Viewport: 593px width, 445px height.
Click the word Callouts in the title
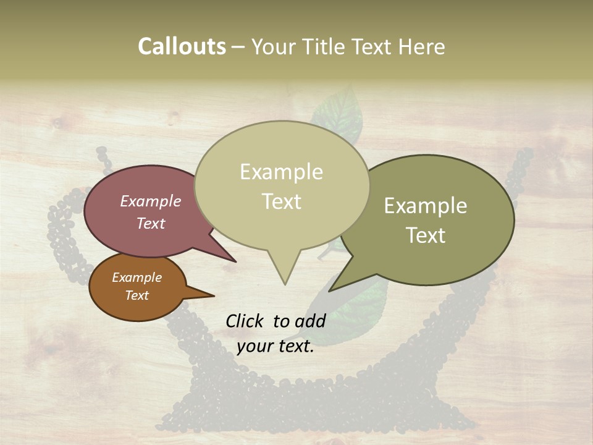[182, 47]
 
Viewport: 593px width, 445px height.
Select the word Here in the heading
[422, 47]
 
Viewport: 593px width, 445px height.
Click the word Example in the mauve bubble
[151, 201]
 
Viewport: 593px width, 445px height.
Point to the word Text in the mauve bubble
[151, 223]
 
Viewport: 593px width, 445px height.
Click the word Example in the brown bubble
[137, 278]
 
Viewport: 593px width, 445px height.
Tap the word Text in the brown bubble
[137, 295]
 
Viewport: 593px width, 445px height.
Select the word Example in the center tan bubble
[282, 172]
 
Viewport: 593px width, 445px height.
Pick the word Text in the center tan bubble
[282, 201]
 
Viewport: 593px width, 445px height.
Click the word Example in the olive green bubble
[426, 206]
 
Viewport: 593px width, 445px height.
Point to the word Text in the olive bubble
[426, 235]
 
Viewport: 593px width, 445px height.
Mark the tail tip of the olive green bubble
[330, 290]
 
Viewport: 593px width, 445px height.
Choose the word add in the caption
[310, 321]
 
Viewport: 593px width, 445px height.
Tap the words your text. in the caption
[275, 346]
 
